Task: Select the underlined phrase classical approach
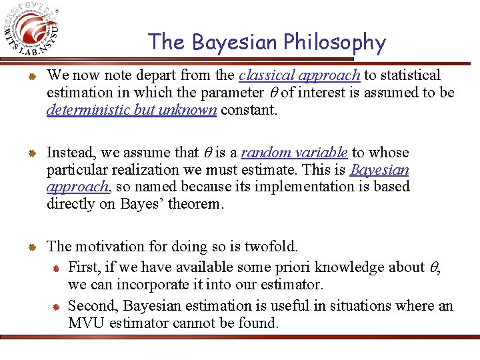pyautogui.click(x=299, y=75)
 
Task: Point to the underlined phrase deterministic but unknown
pyautogui.click(x=131, y=110)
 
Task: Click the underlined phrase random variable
pyautogui.click(x=294, y=153)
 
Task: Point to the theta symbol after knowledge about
pyautogui.click(x=436, y=268)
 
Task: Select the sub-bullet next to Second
pyautogui.click(x=57, y=307)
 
